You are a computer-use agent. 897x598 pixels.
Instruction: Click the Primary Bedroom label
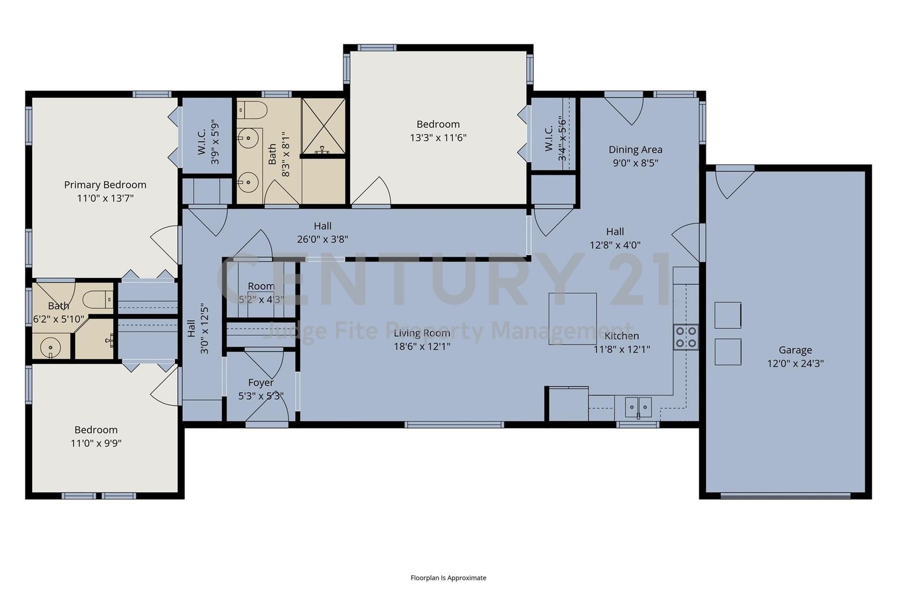pyautogui.click(x=105, y=184)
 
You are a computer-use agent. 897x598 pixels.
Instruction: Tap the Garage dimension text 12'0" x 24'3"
pyautogui.click(x=795, y=363)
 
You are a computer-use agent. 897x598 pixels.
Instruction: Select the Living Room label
pyautogui.click(x=422, y=333)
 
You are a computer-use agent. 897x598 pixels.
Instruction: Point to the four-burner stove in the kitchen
pyautogui.click(x=685, y=337)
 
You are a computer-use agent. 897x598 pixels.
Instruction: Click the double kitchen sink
pyautogui.click(x=638, y=408)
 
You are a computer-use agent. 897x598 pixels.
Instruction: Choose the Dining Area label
pyautogui.click(x=635, y=149)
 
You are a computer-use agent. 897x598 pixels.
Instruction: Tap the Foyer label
pyautogui.click(x=261, y=383)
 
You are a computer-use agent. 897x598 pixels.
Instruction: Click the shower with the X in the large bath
pyautogui.click(x=323, y=126)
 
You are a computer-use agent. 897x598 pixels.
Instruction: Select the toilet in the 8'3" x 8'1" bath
pyautogui.click(x=252, y=110)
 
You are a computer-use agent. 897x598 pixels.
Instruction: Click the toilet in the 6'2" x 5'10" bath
pyautogui.click(x=98, y=300)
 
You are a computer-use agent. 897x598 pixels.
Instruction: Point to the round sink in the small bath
pyautogui.click(x=50, y=347)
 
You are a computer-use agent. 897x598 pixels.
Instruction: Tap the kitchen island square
pyautogui.click(x=572, y=319)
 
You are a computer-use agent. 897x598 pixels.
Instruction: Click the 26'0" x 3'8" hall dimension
pyautogui.click(x=322, y=239)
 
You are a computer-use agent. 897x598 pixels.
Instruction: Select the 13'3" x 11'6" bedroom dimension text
pyautogui.click(x=437, y=137)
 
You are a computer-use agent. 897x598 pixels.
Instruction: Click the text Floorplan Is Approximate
pyautogui.click(x=448, y=578)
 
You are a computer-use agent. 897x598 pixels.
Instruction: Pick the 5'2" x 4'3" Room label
pyautogui.click(x=261, y=286)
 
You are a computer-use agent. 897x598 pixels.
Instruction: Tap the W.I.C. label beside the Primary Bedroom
pyautogui.click(x=201, y=141)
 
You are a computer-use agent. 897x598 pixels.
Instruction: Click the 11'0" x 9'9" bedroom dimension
pyautogui.click(x=96, y=443)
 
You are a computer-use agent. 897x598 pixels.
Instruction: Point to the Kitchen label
pyautogui.click(x=621, y=336)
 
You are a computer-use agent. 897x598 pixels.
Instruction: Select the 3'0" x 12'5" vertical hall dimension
pyautogui.click(x=204, y=329)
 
